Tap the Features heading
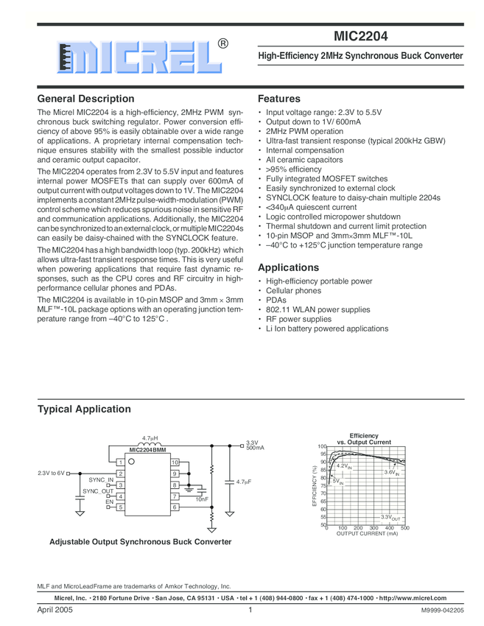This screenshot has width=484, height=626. tap(279, 99)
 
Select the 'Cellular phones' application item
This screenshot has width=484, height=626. tap(293, 291)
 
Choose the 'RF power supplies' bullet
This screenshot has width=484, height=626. tap(298, 320)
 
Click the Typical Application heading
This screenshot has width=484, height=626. tap(84, 409)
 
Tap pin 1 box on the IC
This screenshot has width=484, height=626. tap(120, 462)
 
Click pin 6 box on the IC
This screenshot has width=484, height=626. tap(175, 507)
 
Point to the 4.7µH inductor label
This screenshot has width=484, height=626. tap(150, 439)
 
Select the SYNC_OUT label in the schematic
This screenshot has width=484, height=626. tap(98, 491)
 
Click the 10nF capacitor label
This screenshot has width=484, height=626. tap(202, 500)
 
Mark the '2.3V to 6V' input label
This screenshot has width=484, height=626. tap(50, 473)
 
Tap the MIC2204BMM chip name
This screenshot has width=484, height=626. tap(147, 449)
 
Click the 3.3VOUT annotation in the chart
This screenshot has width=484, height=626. tap(390, 518)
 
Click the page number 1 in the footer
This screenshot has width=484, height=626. tap(250, 611)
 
